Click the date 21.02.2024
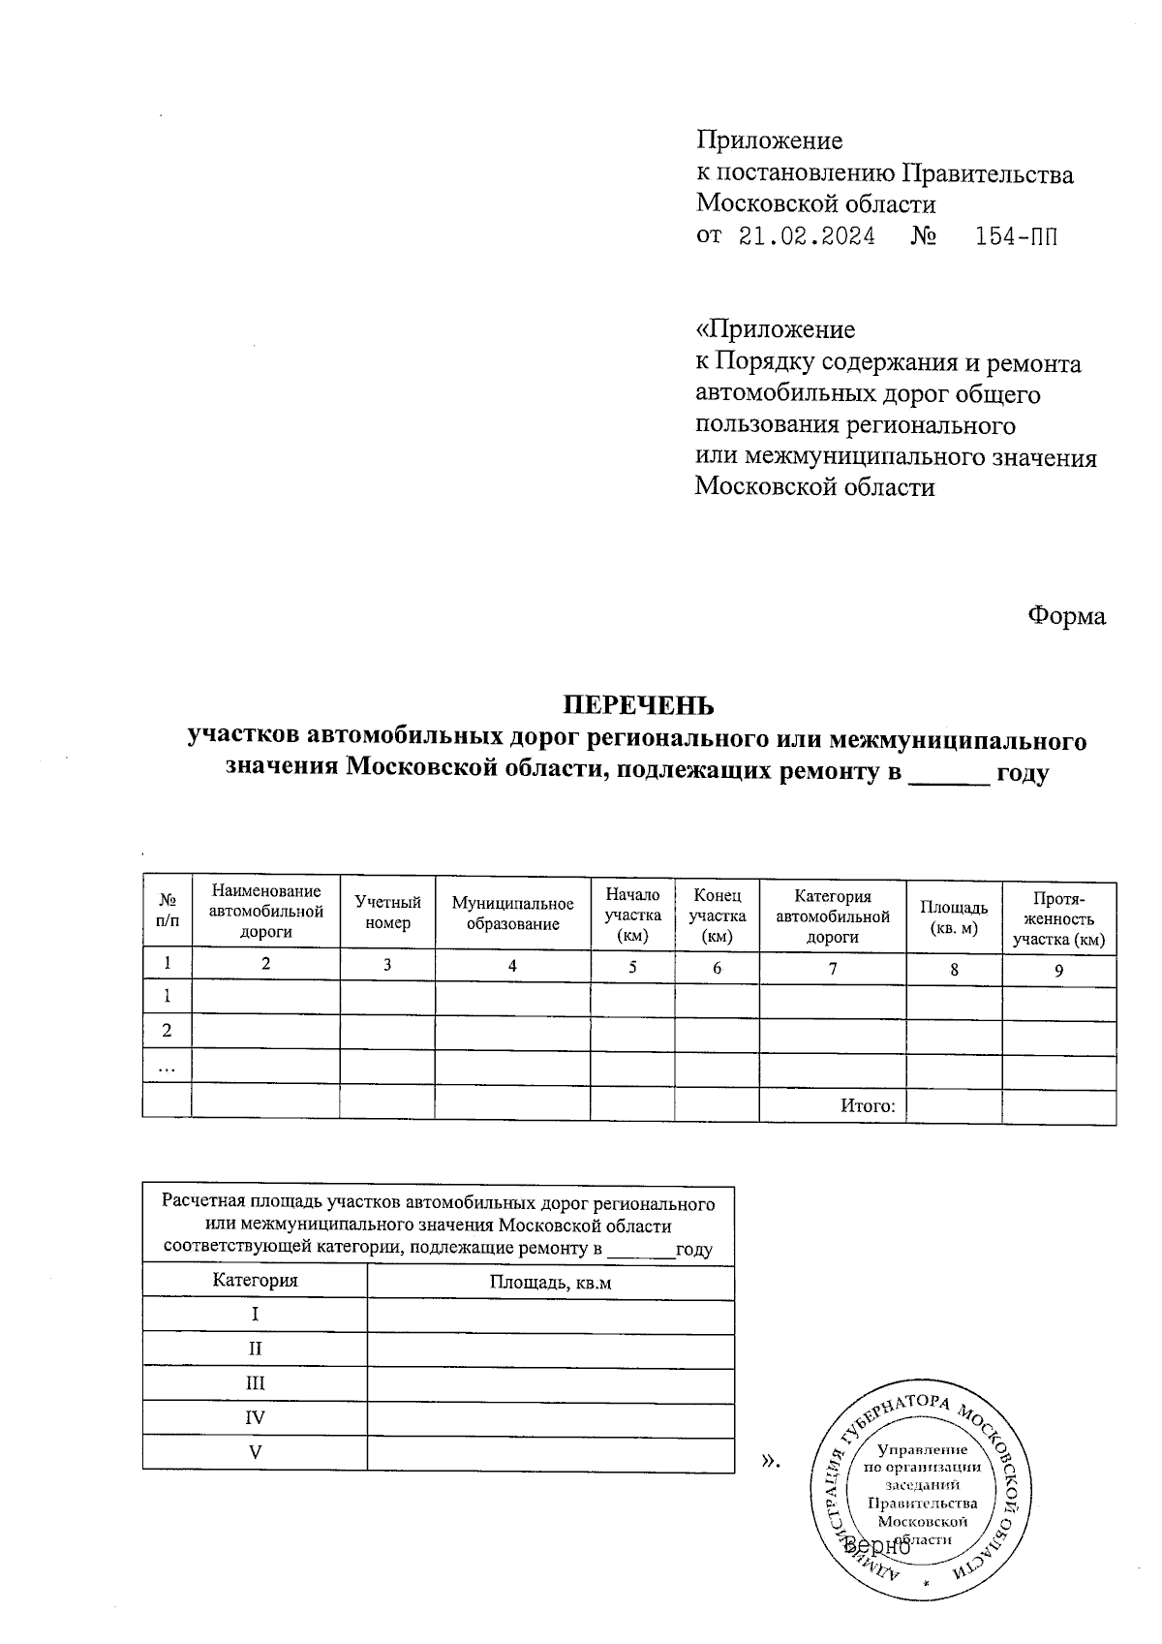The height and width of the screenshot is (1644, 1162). coord(807,236)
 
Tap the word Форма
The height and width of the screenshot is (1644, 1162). coord(1066,616)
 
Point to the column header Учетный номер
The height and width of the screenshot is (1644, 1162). coord(387,914)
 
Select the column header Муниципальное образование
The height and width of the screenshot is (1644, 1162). coord(512,914)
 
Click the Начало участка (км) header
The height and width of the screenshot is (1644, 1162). coord(632,915)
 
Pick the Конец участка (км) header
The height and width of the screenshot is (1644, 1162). coord(717,915)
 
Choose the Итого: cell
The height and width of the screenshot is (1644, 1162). coord(868,1105)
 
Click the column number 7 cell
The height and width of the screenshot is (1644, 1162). coord(832,967)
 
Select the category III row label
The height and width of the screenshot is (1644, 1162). coord(255,1383)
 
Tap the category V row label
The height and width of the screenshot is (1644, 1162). coord(255,1451)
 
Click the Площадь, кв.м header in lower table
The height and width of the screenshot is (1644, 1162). coord(550,1282)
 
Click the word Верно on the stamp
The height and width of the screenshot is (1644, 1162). coord(876,1546)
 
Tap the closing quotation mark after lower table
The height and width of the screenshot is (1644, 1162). coord(771,1459)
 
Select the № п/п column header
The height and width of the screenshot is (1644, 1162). coord(167,914)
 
